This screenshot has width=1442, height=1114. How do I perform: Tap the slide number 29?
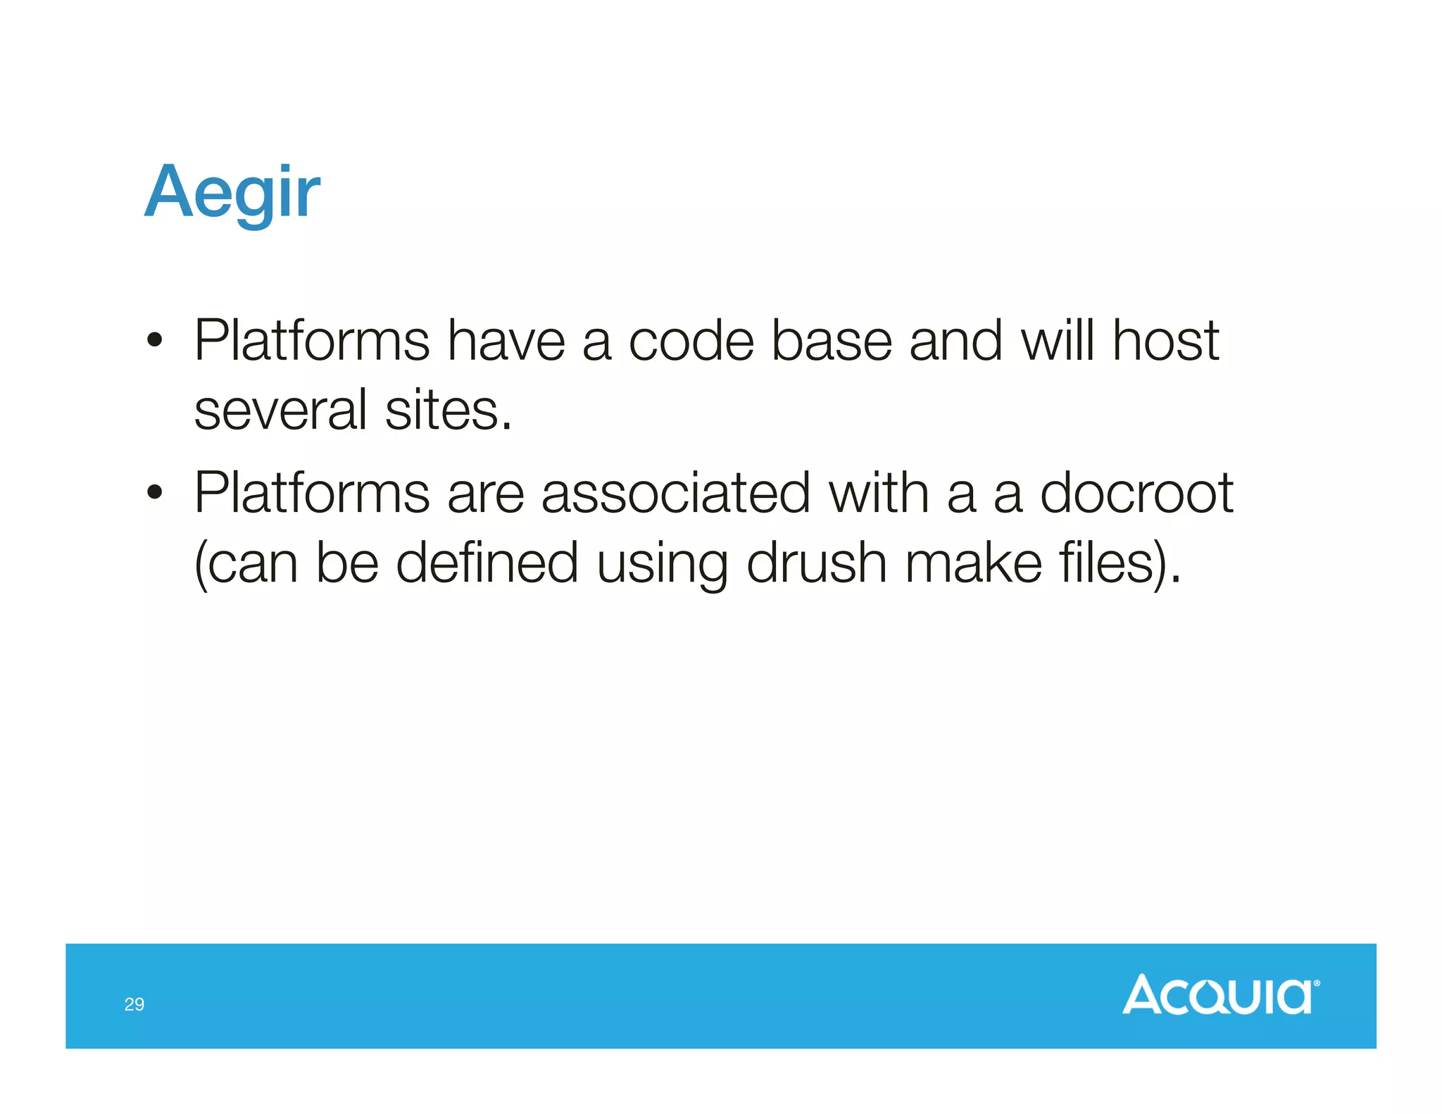click(x=134, y=1004)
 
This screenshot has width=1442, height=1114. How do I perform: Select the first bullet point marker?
click(x=155, y=342)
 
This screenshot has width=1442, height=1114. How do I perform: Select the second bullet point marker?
click(x=155, y=494)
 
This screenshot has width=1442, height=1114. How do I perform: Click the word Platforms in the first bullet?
click(x=311, y=341)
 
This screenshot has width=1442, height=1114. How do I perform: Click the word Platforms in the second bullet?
click(x=311, y=493)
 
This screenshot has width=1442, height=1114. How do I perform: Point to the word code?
click(x=691, y=341)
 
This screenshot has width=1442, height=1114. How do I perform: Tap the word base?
click(x=831, y=341)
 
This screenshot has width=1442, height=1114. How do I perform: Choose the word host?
click(x=1165, y=341)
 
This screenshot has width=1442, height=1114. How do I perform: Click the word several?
click(x=280, y=411)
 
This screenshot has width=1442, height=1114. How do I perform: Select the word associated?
click(x=675, y=493)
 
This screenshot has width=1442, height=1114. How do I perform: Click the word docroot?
click(x=1136, y=493)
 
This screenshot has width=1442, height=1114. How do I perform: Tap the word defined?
click(x=487, y=563)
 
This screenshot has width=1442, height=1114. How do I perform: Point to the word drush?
click(x=816, y=563)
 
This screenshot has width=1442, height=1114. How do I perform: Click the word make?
click(x=973, y=563)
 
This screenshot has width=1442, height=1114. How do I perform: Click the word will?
click(x=1057, y=341)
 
